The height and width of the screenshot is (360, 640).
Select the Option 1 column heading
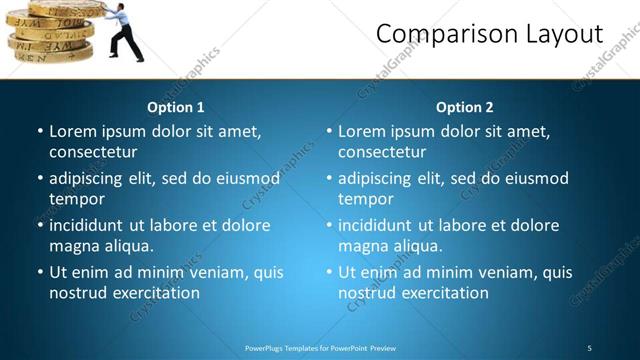176,107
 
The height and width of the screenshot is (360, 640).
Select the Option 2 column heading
465,107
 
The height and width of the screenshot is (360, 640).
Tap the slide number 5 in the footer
589,348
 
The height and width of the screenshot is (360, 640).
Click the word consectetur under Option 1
93,152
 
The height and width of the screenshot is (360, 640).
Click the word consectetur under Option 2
382,152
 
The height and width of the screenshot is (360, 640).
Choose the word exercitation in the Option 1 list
155,293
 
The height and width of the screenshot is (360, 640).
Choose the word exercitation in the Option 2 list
444,293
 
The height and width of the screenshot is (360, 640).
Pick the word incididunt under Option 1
87,225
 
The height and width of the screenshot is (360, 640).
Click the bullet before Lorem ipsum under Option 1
40,131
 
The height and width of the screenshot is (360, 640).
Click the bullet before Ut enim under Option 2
329,272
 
